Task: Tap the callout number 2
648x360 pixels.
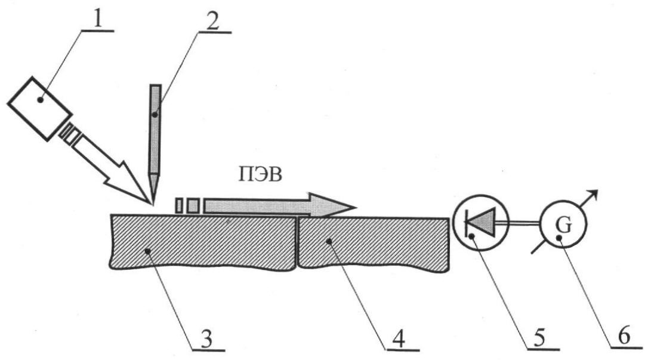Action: click(x=213, y=21)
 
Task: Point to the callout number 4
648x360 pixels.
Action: click(x=399, y=339)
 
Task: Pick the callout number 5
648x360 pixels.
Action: click(x=539, y=337)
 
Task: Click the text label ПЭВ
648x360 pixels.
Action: click(x=260, y=175)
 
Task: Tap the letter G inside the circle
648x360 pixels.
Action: click(x=564, y=226)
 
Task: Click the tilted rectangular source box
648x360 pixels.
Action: click(x=39, y=108)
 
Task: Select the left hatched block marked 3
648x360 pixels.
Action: click(x=203, y=242)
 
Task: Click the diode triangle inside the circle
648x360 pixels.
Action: click(x=482, y=222)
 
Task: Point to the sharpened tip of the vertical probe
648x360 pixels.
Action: click(x=153, y=204)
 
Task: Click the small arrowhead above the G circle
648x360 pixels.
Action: click(x=593, y=194)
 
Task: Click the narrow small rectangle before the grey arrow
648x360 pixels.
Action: click(x=180, y=205)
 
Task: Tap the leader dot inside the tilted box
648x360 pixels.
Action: click(x=41, y=100)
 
